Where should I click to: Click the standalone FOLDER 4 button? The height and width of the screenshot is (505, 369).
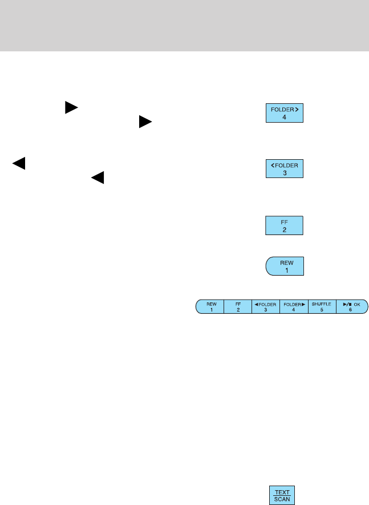click(285, 113)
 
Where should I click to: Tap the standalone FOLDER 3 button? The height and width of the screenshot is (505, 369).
click(285, 169)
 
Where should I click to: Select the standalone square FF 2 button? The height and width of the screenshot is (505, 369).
click(285, 225)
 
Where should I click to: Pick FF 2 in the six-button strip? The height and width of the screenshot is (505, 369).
click(238, 306)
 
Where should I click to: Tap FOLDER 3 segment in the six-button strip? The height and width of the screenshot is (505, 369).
click(266, 306)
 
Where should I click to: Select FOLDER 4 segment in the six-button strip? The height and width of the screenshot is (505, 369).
click(294, 306)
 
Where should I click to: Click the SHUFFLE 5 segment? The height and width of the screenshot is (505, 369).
click(322, 306)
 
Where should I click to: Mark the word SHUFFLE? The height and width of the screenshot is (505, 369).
click(322, 304)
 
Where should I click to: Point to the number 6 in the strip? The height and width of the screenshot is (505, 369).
click(351, 310)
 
